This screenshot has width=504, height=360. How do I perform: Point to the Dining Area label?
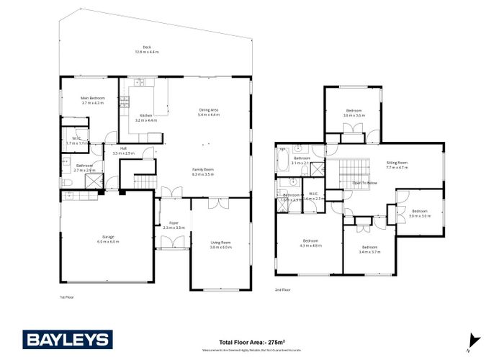(x=209, y=112)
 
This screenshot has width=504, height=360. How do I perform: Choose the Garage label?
(x=108, y=239)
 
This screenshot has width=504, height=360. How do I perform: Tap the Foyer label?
(x=174, y=225)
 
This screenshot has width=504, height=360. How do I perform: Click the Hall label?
(x=124, y=151)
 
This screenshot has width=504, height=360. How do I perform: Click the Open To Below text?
(x=366, y=184)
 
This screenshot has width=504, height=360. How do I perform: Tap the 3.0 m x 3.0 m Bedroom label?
(x=419, y=213)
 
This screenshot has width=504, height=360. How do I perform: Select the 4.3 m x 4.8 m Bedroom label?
(x=310, y=243)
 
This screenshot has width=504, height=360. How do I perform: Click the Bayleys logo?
(x=68, y=339)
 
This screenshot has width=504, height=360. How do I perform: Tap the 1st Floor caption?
(x=67, y=297)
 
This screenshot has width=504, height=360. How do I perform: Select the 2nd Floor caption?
(x=282, y=289)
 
